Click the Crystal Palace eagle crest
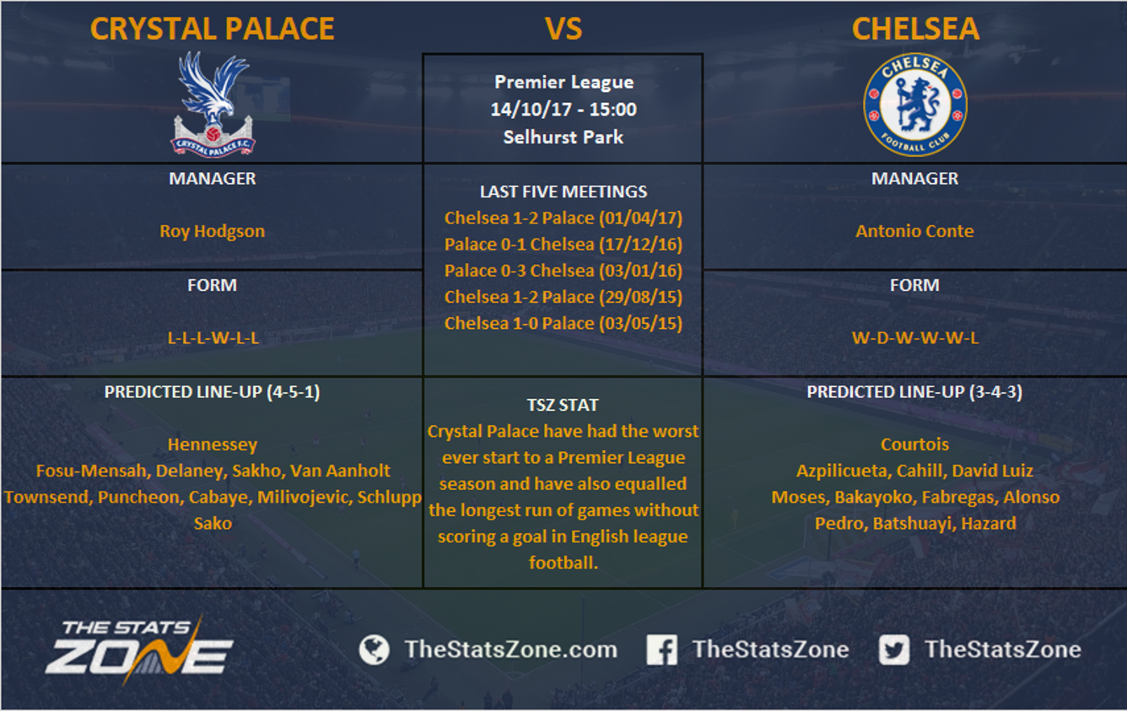click(213, 105)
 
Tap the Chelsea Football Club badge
click(914, 105)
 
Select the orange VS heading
click(563, 29)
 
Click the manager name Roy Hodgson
click(212, 231)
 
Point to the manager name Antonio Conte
click(914, 231)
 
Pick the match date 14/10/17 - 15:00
click(563, 109)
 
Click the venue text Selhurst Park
click(563, 137)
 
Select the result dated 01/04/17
click(563, 218)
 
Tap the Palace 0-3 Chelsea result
click(563, 271)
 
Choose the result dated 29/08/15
click(563, 297)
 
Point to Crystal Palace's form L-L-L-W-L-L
click(213, 337)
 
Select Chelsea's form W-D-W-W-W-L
click(914, 337)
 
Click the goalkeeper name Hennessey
click(213, 444)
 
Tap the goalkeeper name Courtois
click(914, 444)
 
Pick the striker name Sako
click(213, 523)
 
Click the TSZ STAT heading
click(563, 405)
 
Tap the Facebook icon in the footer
click(661, 649)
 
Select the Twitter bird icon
click(894, 649)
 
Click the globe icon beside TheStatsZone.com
click(374, 649)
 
